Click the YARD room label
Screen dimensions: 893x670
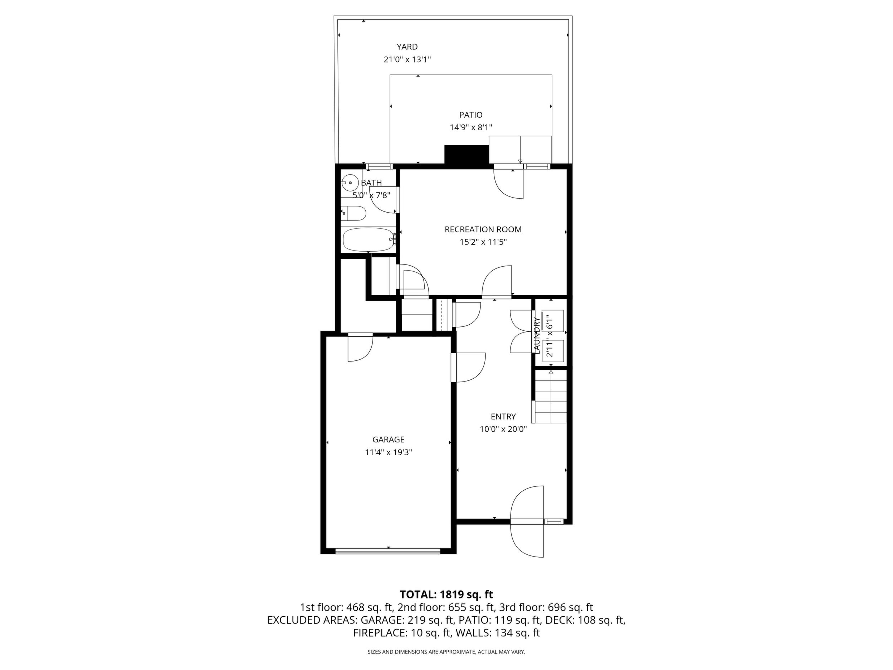click(x=407, y=47)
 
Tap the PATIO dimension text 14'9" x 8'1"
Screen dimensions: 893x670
click(x=471, y=128)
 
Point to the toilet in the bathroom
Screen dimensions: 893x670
click(x=353, y=213)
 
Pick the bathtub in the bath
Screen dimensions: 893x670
click(x=368, y=239)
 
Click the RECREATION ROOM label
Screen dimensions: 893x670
click(x=483, y=229)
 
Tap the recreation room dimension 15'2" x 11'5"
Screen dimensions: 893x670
click(x=483, y=242)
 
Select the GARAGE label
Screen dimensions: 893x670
click(x=389, y=440)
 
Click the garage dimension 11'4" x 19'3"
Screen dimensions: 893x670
click(x=389, y=452)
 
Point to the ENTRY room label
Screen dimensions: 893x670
click(x=503, y=416)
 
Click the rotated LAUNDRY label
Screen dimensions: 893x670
click(x=537, y=336)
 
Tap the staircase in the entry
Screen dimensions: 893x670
click(x=551, y=397)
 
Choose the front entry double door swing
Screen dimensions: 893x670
click(x=527, y=521)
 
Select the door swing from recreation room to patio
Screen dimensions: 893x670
click(x=509, y=183)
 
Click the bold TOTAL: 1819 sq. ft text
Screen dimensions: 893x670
click(x=446, y=594)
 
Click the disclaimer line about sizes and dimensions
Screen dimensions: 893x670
click(x=446, y=652)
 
